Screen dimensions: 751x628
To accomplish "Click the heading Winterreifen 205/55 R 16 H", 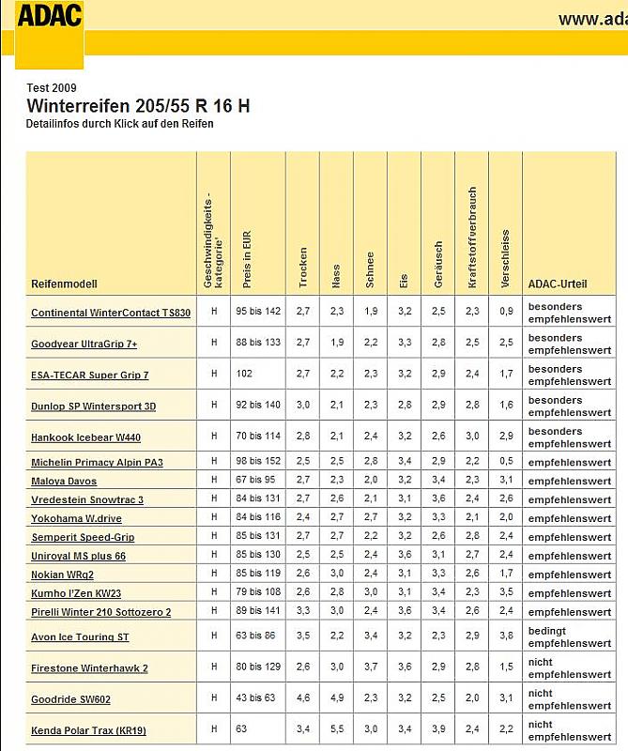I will (x=138, y=106).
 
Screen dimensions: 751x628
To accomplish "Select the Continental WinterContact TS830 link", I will (x=111, y=314).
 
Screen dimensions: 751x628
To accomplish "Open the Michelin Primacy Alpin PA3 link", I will (x=97, y=463).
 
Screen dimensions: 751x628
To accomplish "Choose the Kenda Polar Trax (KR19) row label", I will (x=88, y=730).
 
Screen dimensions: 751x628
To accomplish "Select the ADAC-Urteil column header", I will (x=558, y=284).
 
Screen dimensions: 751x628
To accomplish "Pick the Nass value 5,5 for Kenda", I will (x=336, y=729).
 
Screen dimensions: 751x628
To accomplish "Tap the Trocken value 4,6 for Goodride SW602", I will (x=302, y=698).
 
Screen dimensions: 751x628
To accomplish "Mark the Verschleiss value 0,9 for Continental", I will (x=506, y=313).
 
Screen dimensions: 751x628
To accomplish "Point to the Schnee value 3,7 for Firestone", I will (x=370, y=667).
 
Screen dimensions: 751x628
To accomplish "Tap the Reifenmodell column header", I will (x=64, y=284).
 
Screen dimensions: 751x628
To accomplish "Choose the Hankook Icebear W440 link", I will (x=85, y=437).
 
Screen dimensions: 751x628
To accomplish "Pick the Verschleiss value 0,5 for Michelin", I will (x=506, y=462).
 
